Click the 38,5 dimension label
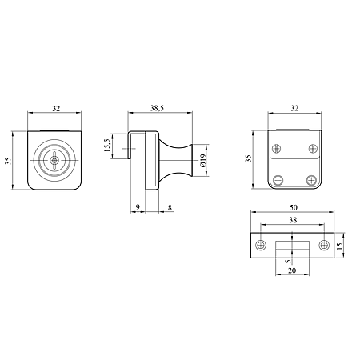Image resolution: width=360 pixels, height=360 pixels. (157, 108)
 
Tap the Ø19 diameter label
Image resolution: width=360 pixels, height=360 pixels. (203, 161)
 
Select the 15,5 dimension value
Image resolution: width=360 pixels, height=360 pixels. (107, 146)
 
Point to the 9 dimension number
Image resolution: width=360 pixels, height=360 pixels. (138, 207)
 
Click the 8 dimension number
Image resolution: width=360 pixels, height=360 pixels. (170, 207)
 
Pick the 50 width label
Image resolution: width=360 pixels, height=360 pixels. (293, 207)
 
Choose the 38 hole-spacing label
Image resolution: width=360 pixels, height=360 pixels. (293, 220)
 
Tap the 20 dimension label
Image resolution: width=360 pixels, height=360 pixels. (292, 270)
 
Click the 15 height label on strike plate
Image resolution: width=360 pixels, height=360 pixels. (340, 246)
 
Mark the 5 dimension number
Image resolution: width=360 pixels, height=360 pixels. (287, 262)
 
